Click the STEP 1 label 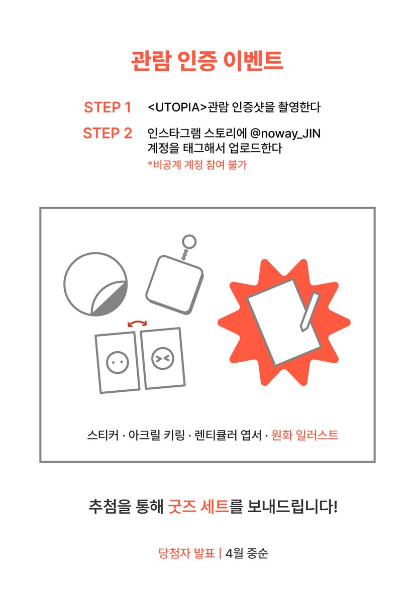[108, 107]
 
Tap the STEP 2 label [108, 133]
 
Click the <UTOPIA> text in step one [177, 107]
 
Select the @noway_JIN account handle [285, 133]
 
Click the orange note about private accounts [197, 165]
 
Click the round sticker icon [95, 284]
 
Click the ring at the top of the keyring [189, 241]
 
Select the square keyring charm [174, 285]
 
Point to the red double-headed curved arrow [137, 322]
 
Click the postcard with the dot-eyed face [118, 363]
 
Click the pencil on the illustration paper [309, 312]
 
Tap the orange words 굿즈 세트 [198, 506]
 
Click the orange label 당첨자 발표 [186, 553]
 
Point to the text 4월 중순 [247, 553]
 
